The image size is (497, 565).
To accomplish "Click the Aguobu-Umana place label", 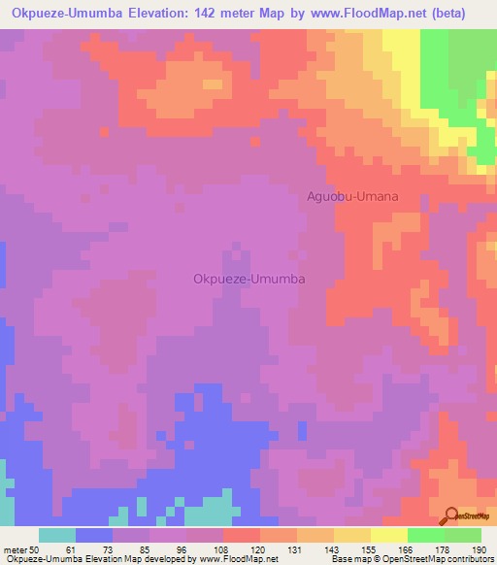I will pos(352,196).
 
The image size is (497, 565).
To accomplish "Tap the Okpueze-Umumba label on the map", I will pos(250,279).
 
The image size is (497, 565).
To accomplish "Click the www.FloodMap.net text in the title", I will pos(355,14).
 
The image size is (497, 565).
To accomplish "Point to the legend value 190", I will pos(480,550).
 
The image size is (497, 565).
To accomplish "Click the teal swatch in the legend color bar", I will pos(57,535).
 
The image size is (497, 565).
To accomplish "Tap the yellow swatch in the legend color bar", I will pos(351,535).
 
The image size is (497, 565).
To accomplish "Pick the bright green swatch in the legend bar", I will pos(425,535).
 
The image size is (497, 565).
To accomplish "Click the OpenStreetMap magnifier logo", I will pos(451,516).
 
